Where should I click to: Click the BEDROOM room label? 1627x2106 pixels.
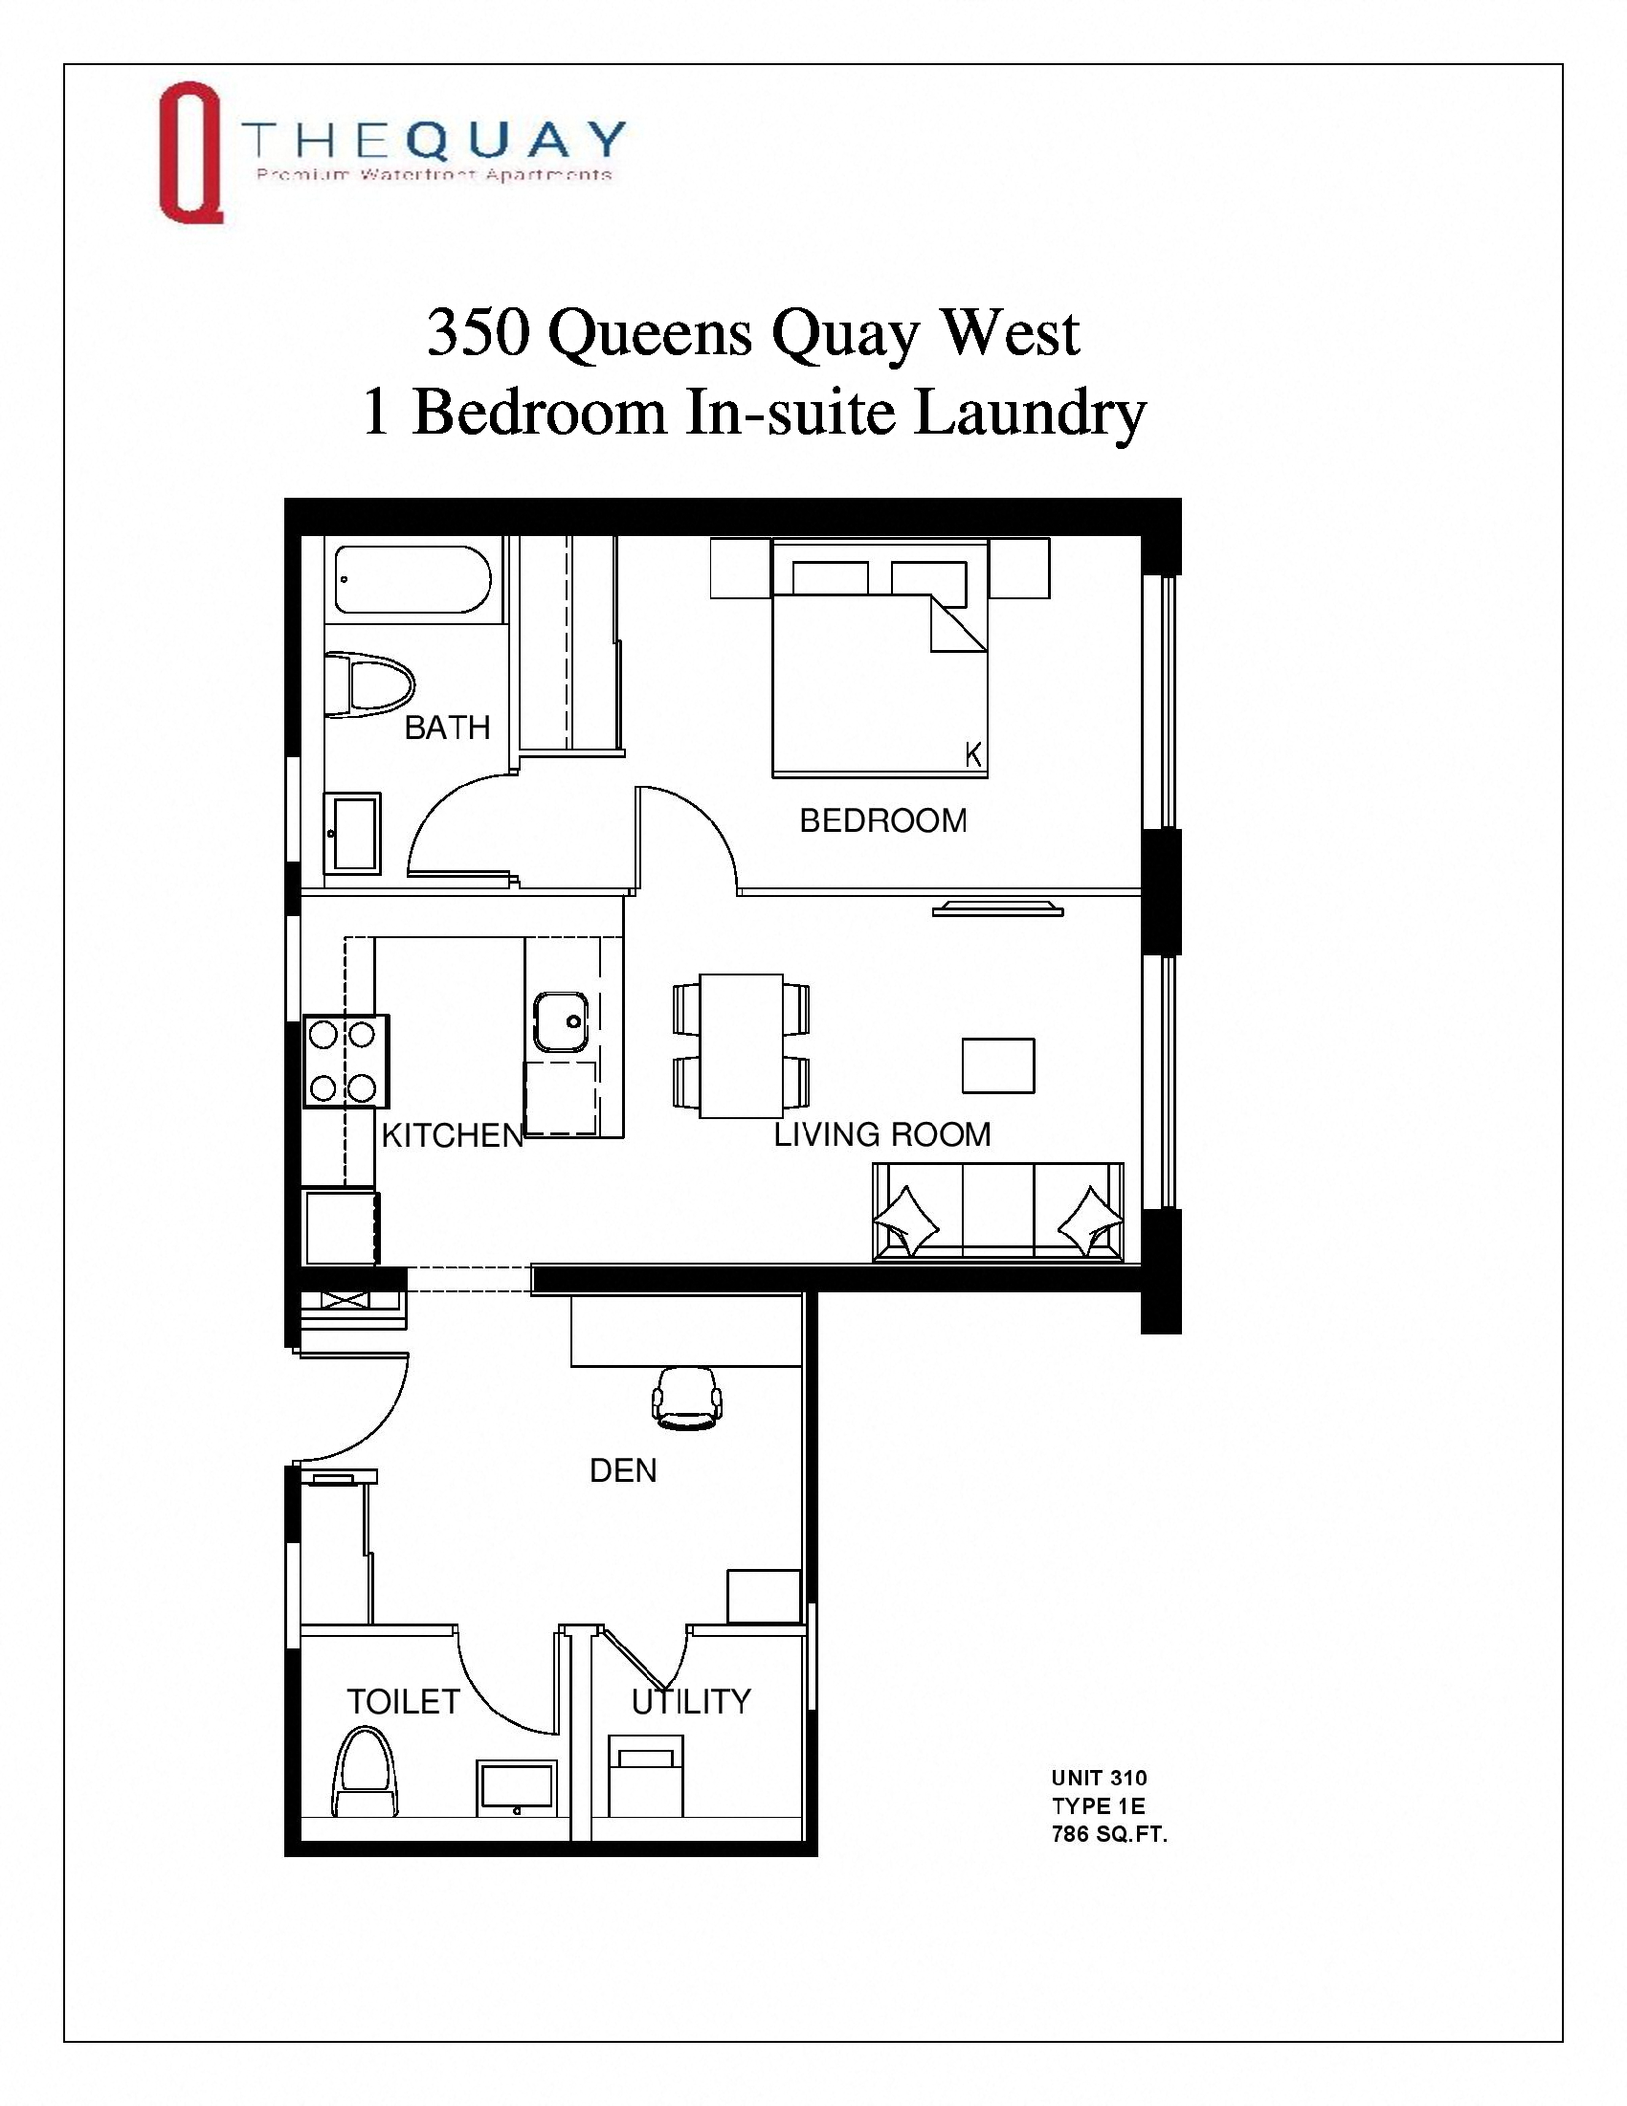[x=883, y=820]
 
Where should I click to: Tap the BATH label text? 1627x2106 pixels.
[x=447, y=728]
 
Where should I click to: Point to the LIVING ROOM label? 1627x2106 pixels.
[x=882, y=1134]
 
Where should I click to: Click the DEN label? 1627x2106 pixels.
[x=623, y=1470]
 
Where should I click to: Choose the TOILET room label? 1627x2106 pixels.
[x=403, y=1702]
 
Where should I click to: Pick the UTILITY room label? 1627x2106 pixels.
[x=691, y=1702]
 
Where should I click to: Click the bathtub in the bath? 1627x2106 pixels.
[x=412, y=579]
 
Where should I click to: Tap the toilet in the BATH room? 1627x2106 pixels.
[x=368, y=685]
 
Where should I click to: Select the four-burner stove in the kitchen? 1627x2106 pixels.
[x=346, y=1061]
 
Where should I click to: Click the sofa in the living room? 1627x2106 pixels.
[x=997, y=1212]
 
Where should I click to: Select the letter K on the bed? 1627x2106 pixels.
[x=973, y=755]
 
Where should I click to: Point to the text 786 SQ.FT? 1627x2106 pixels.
[x=1108, y=1834]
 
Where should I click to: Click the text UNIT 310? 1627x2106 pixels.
[x=1099, y=1779]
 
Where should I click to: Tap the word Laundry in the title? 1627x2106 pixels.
[x=1030, y=412]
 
